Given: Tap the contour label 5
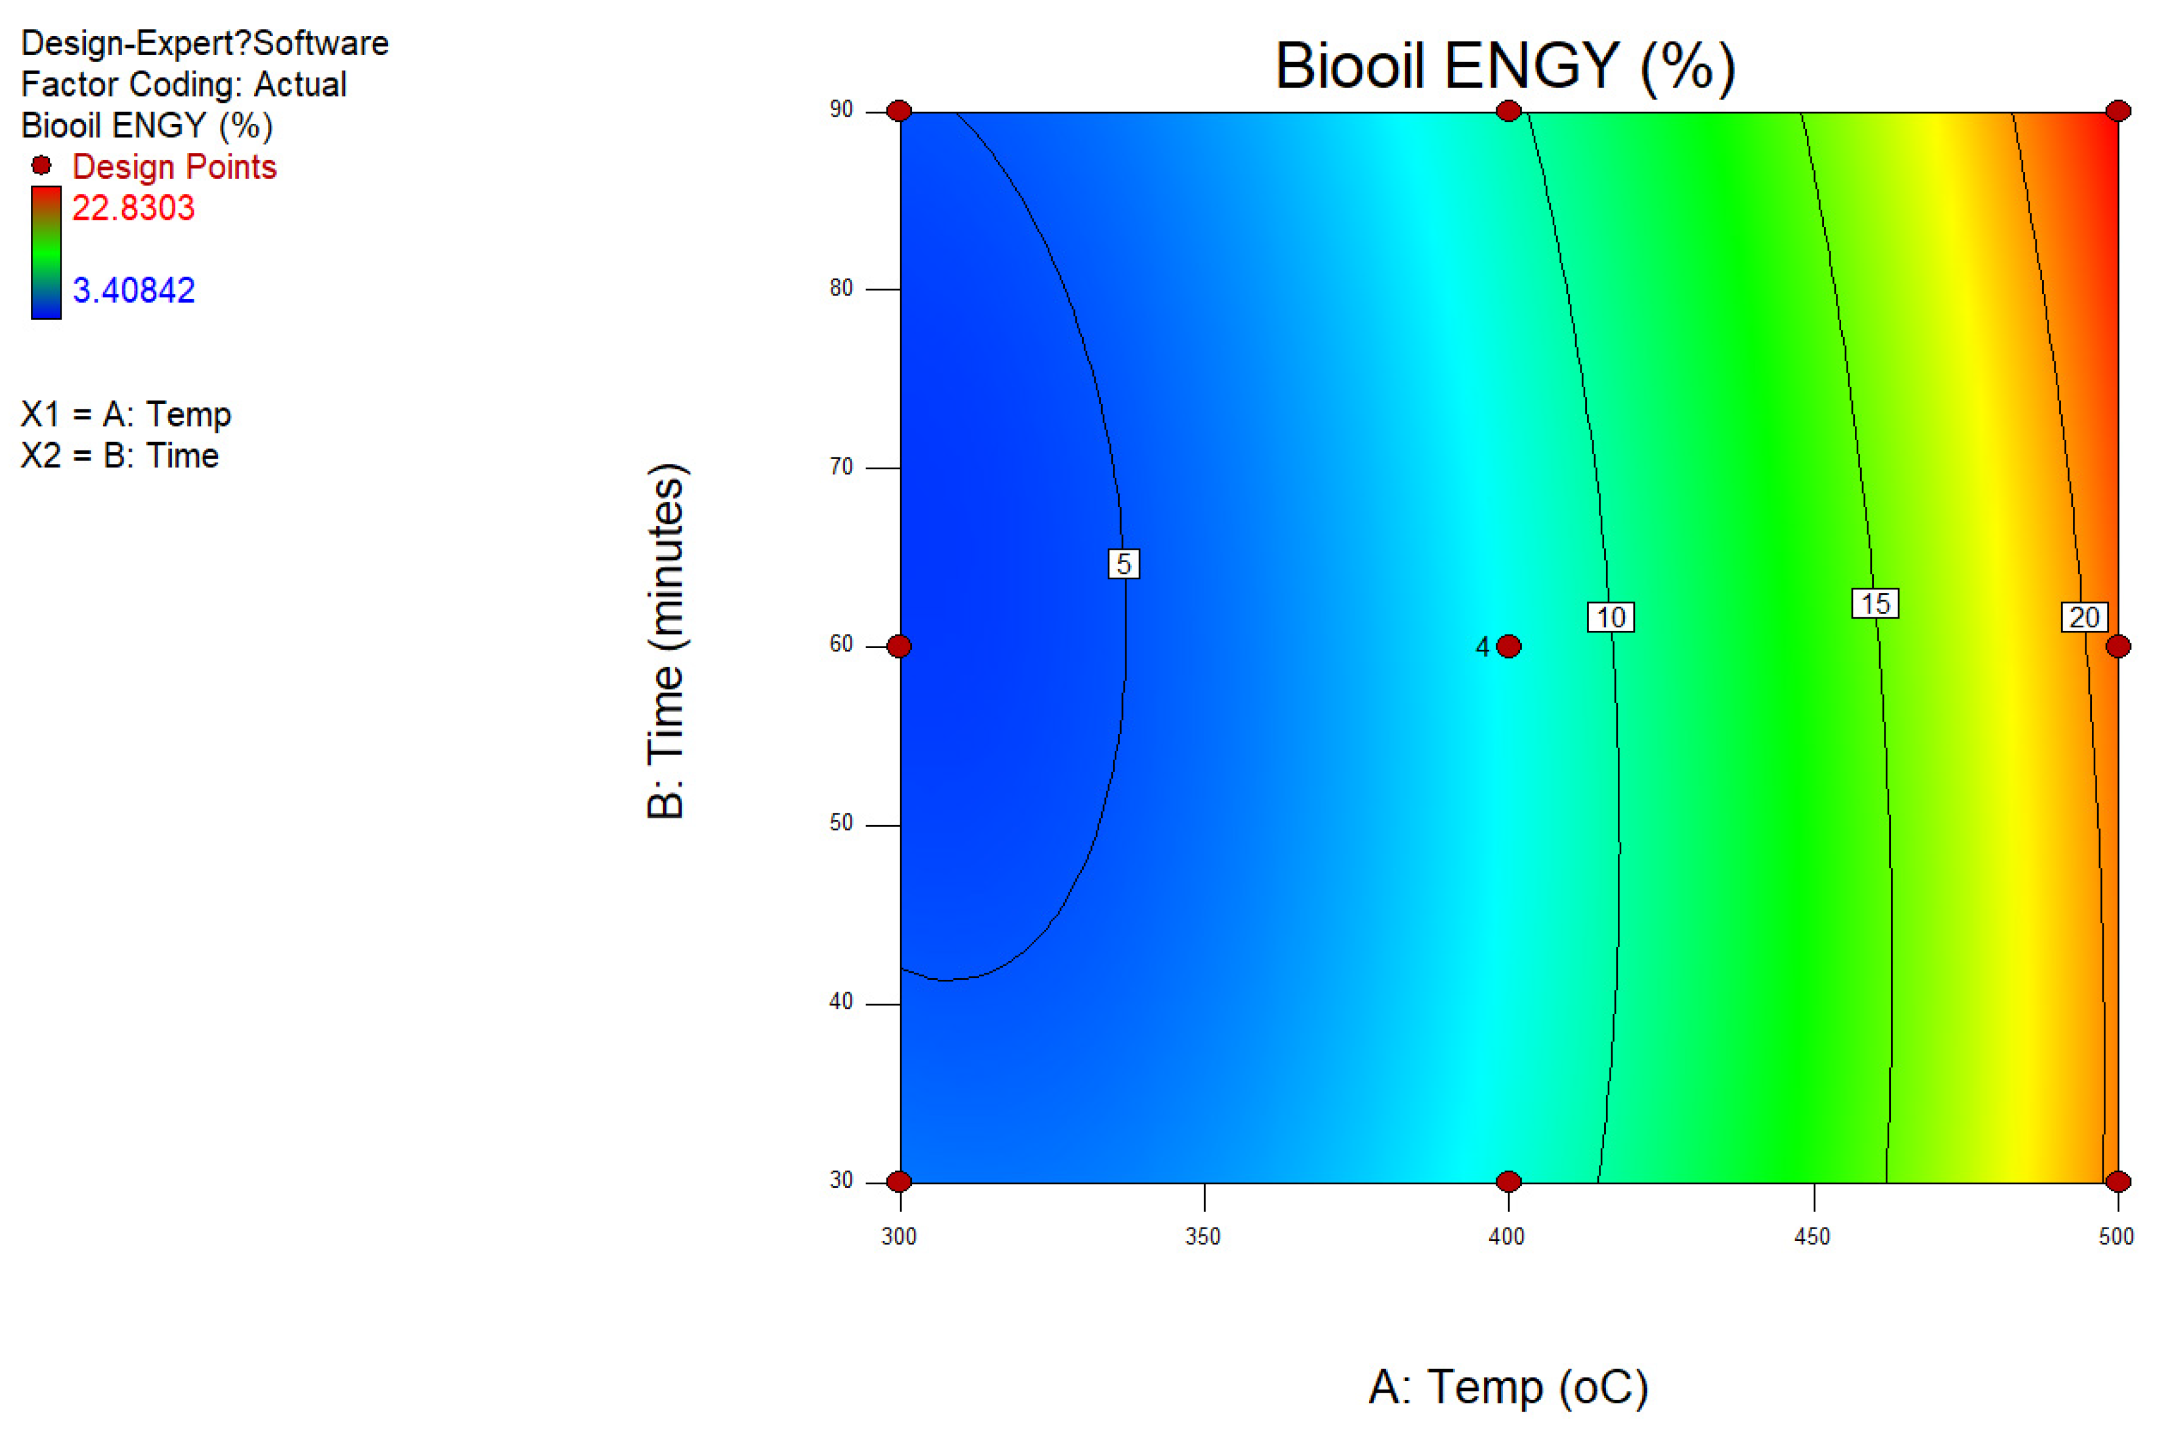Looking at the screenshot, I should point(1124,564).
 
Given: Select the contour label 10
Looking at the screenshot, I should point(1611,618).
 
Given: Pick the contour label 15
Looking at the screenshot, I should point(1875,604).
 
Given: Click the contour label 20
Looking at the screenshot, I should point(2084,618).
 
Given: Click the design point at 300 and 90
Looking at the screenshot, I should point(900,111).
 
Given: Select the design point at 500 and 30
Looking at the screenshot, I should point(2118,1182).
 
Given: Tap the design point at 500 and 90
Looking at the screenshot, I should point(2118,111).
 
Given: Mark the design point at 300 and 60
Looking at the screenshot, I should point(900,647).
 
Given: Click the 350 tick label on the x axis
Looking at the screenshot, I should point(1203,1236).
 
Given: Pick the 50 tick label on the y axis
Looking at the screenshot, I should point(841,823).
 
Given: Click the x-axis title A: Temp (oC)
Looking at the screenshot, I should point(1508,1387).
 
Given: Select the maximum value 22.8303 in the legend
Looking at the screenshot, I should point(133,209).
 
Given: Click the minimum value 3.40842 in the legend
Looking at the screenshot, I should point(133,291).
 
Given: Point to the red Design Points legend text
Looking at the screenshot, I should point(174,167).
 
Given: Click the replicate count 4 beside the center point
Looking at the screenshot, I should point(1483,647).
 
